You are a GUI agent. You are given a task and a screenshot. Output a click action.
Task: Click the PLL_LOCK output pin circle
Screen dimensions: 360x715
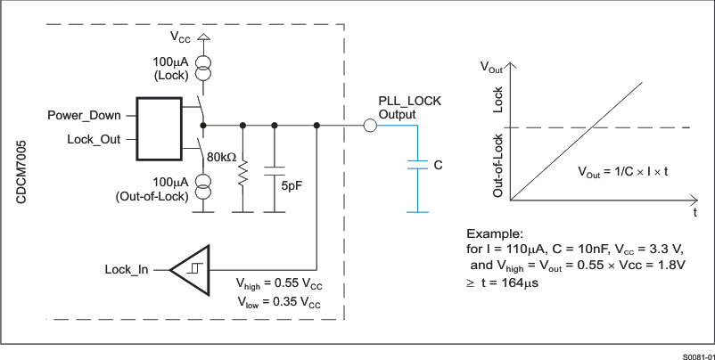(x=368, y=126)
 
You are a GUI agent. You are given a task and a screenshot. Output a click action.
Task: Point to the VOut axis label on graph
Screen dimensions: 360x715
(x=494, y=66)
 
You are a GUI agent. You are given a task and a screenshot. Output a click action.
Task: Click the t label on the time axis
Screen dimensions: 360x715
(x=693, y=213)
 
